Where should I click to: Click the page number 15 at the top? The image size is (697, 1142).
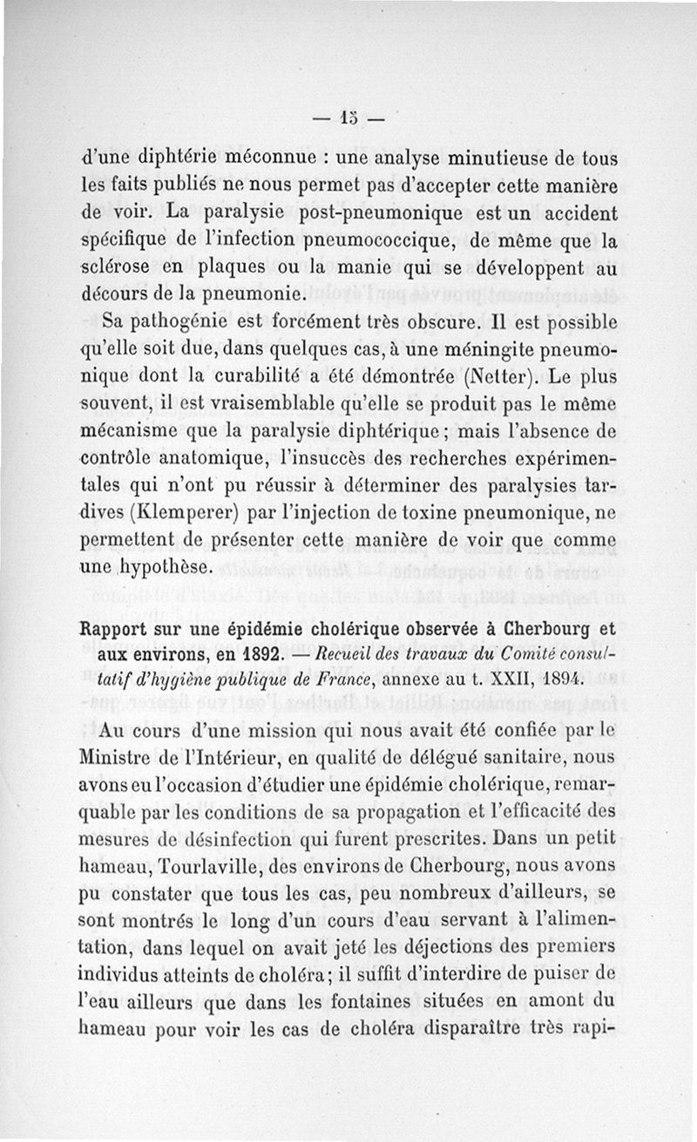[x=348, y=116]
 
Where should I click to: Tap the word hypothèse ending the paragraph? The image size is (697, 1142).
[x=168, y=567]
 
